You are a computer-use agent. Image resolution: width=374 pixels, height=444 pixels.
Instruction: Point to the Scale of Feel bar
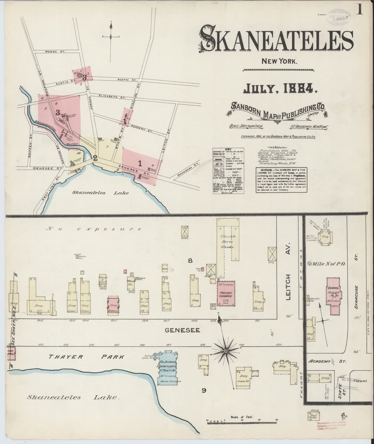[x=242, y=420]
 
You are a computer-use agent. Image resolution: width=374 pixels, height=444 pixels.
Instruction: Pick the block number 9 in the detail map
[x=203, y=390]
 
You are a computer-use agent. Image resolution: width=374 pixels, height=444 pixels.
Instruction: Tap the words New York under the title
[x=279, y=61]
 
